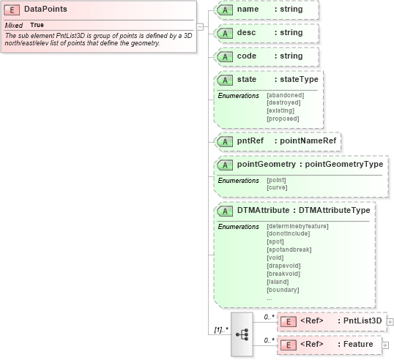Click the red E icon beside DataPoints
click(12, 10)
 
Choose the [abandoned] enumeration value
click(285, 95)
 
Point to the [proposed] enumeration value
click(283, 119)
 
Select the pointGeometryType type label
click(343, 165)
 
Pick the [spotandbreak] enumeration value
click(288, 250)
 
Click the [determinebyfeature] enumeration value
click(297, 226)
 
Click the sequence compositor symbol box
click(242, 334)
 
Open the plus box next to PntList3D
click(390, 321)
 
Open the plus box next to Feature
click(385, 345)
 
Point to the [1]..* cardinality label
click(219, 330)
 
